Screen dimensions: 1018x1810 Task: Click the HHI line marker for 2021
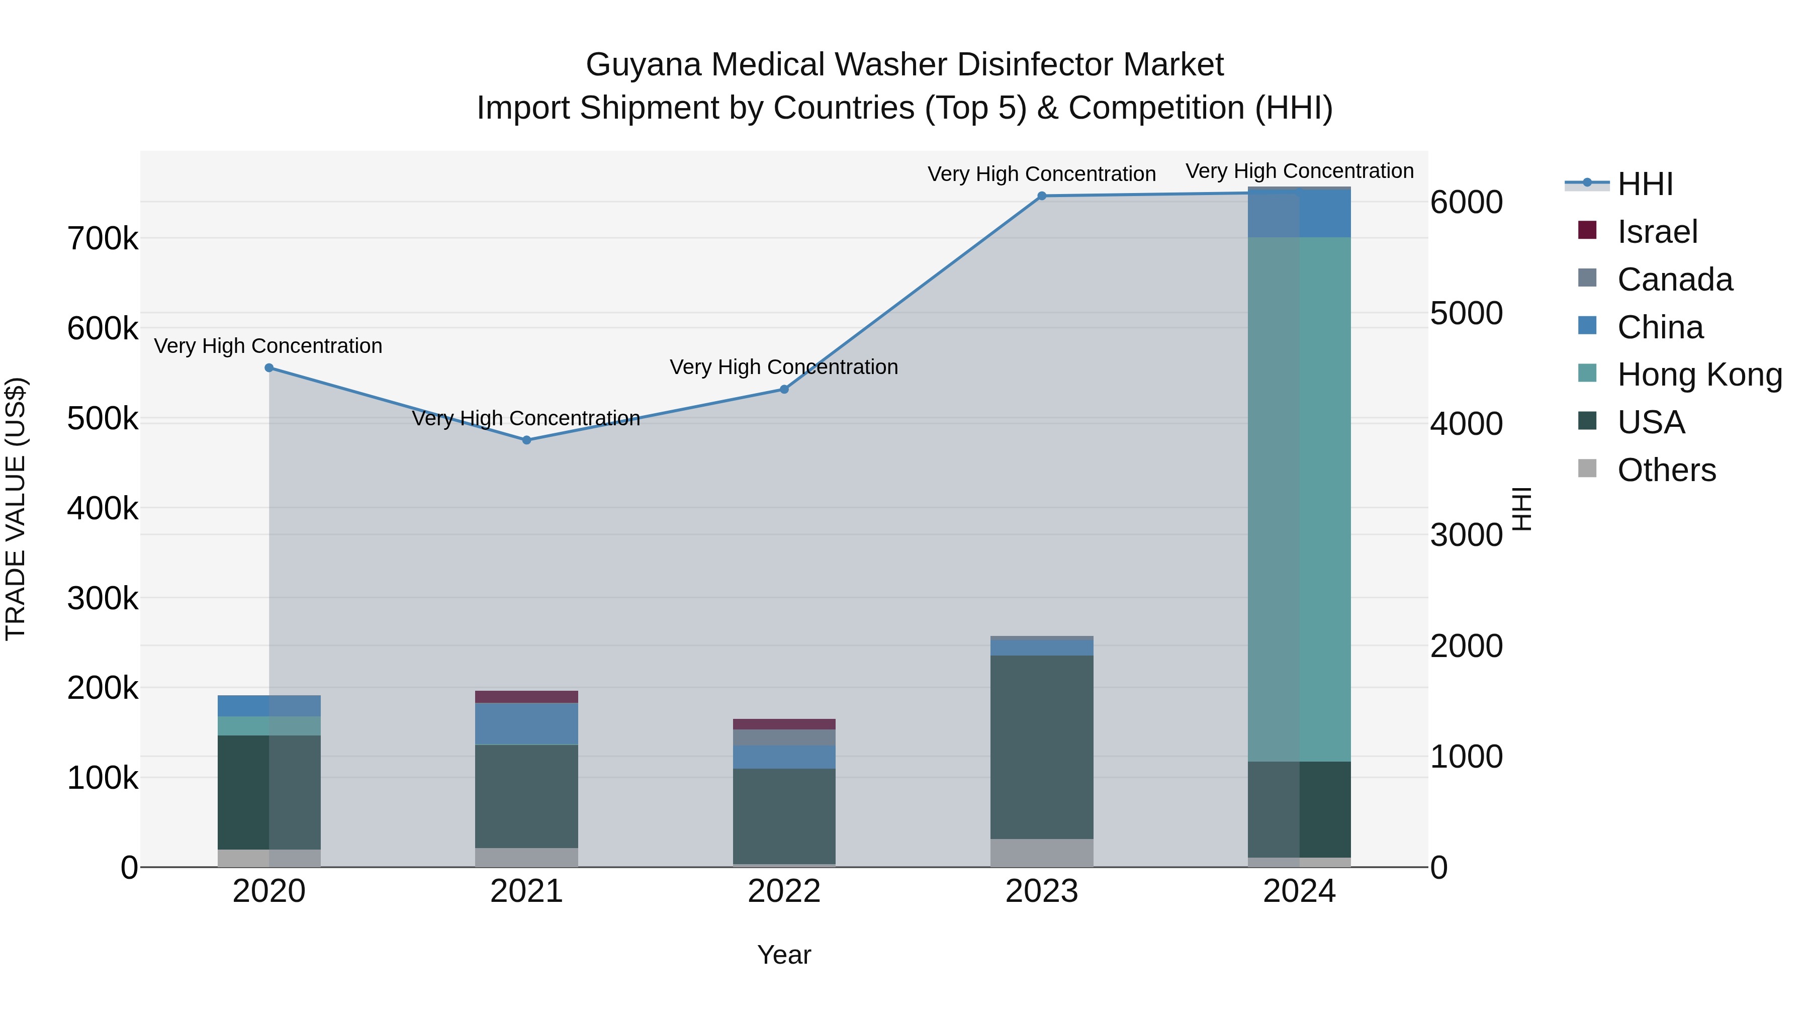pyautogui.click(x=526, y=440)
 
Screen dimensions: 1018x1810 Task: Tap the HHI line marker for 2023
pyautogui.click(x=1041, y=196)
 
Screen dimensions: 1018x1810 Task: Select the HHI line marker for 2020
pyautogui.click(x=269, y=367)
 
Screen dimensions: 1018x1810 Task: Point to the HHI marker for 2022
pyautogui.click(x=784, y=389)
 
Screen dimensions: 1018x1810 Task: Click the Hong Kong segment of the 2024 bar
pyautogui.click(x=1299, y=499)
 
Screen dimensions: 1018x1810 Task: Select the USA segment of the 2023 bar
pyautogui.click(x=1041, y=747)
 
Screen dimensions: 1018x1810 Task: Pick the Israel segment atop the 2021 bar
pyautogui.click(x=526, y=697)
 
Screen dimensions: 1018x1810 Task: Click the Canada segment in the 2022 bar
pyautogui.click(x=784, y=737)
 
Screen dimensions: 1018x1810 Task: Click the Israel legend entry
pyautogui.click(x=1657, y=232)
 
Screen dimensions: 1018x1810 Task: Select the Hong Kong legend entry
pyautogui.click(x=1699, y=375)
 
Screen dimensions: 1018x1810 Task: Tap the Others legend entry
pyautogui.click(x=1666, y=470)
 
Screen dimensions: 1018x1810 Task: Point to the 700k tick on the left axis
pyautogui.click(x=103, y=239)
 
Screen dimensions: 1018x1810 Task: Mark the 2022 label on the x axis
pyautogui.click(x=784, y=891)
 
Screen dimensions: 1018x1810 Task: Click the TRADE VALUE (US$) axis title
pyautogui.click(x=16, y=509)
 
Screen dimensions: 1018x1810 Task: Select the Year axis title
pyautogui.click(x=784, y=955)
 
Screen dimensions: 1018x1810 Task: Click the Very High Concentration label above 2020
pyautogui.click(x=268, y=346)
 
